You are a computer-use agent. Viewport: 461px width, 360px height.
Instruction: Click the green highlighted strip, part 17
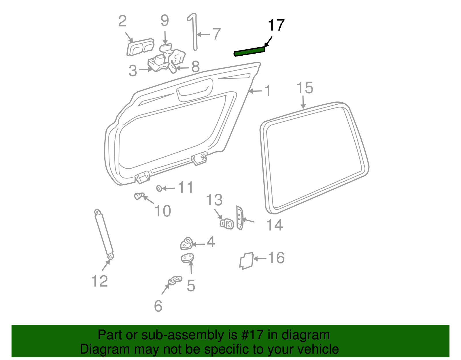[x=250, y=51]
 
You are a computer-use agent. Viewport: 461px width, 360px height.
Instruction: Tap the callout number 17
[x=276, y=25]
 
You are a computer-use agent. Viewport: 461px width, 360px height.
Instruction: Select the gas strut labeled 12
[x=104, y=235]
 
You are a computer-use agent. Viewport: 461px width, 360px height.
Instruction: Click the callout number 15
[x=305, y=88]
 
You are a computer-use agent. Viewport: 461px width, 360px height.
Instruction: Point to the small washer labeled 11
[x=159, y=188]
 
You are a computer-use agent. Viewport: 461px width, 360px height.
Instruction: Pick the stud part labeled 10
[x=139, y=196]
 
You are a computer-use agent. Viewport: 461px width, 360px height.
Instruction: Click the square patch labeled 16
[x=246, y=261]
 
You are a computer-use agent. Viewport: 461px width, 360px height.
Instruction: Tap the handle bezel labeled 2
[x=140, y=47]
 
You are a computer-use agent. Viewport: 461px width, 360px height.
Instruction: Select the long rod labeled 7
[x=194, y=32]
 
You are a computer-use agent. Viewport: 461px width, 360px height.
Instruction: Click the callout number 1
[x=268, y=91]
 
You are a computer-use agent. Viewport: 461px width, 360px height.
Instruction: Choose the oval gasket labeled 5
[x=187, y=258]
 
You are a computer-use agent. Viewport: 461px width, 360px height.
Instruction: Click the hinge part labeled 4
[x=186, y=243]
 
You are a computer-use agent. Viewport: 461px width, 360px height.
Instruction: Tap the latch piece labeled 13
[x=227, y=224]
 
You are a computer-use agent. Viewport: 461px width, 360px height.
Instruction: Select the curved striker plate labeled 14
[x=240, y=217]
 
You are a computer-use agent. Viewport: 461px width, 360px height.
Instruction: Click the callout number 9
[x=165, y=20]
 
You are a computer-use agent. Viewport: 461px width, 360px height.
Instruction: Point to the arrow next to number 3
[x=146, y=69]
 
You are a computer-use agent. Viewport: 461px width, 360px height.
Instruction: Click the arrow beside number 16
[x=260, y=259]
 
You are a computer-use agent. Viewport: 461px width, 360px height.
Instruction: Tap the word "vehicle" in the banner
[x=318, y=349]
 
